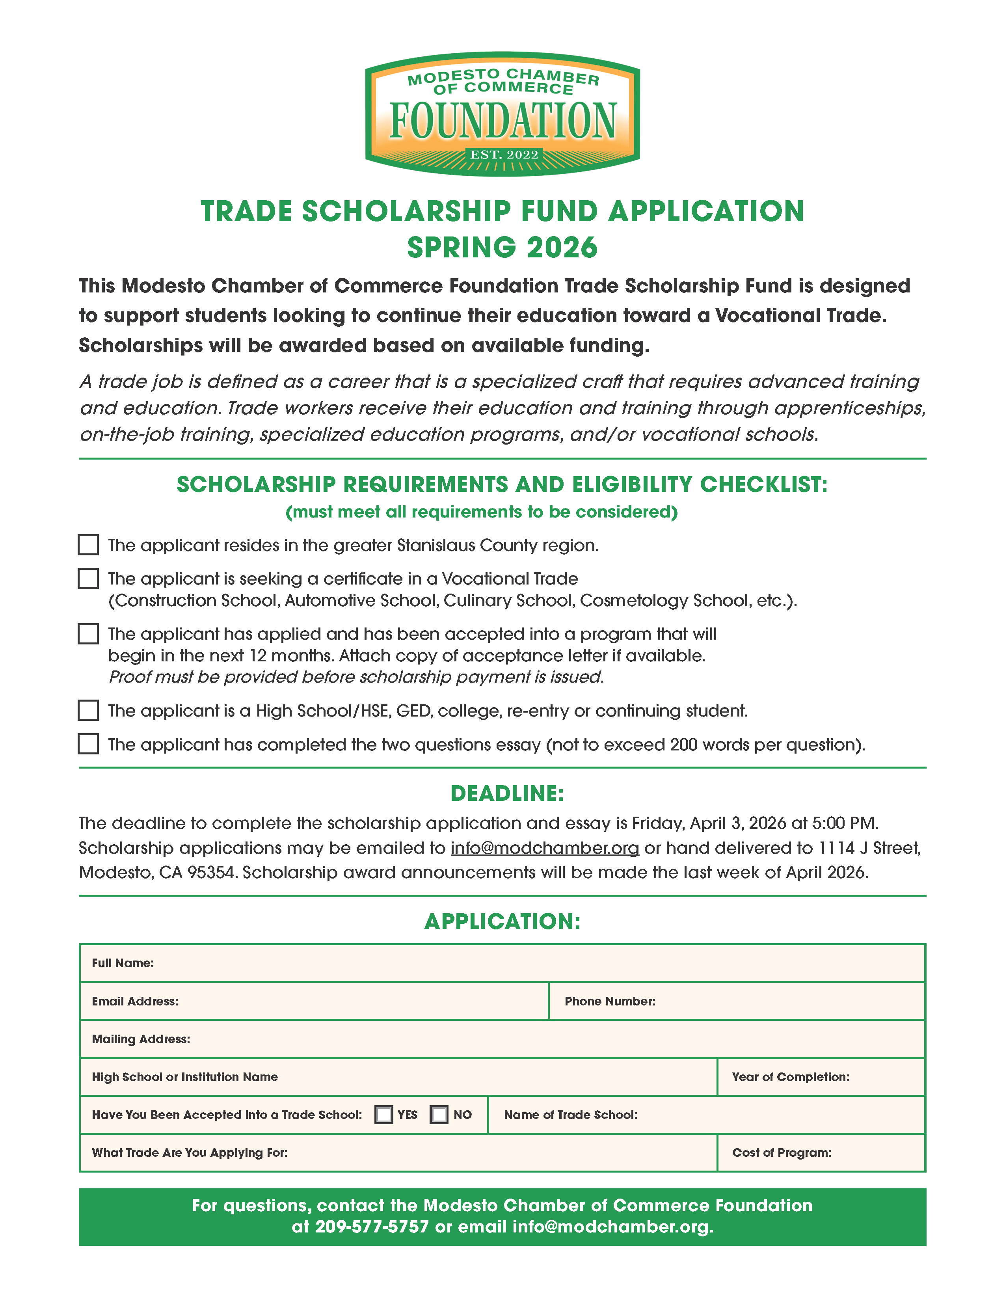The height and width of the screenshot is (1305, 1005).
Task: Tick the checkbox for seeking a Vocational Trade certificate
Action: tap(88, 579)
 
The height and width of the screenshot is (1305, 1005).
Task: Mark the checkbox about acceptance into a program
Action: tap(88, 633)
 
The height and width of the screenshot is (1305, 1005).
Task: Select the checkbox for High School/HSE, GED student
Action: tap(88, 710)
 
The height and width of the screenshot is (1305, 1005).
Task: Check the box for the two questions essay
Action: tap(88, 744)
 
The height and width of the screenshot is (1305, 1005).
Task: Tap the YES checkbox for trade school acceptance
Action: tap(383, 1114)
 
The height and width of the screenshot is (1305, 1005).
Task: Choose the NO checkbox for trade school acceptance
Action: tap(439, 1114)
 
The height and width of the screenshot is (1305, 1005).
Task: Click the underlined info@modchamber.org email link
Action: tap(544, 848)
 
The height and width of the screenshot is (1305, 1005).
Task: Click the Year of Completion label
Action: tap(790, 1077)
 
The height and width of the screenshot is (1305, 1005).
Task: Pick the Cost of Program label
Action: tap(781, 1152)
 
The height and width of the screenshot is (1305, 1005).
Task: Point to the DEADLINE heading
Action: tap(507, 793)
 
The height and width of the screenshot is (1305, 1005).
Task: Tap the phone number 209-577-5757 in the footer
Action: tap(372, 1227)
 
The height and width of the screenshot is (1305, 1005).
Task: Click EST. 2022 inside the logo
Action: tap(504, 155)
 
